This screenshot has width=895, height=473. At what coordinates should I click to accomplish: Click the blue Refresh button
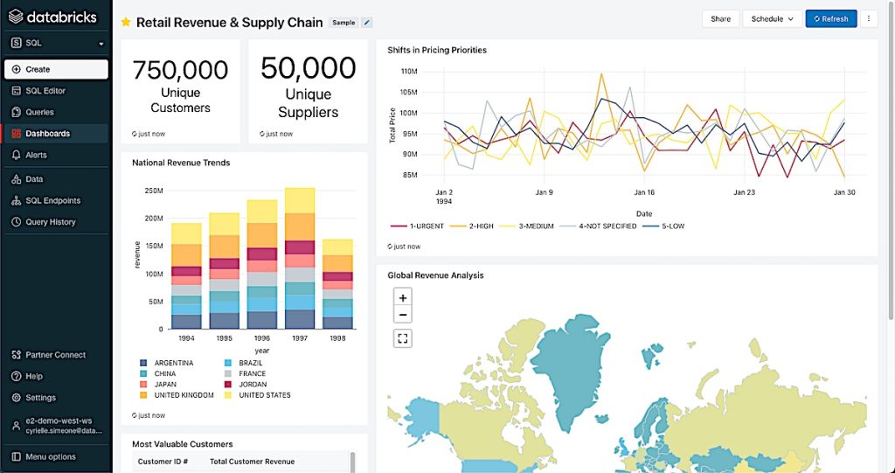830,18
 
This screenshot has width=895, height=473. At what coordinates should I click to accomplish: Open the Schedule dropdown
772,18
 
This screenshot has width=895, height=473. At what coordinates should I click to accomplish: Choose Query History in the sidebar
51,222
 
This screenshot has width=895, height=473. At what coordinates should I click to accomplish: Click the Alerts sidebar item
36,155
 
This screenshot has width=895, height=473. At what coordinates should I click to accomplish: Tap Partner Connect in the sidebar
56,355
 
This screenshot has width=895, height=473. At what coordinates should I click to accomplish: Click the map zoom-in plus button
403,298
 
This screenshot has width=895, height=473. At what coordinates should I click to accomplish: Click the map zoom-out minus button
403,315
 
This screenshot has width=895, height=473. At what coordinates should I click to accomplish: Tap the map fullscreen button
403,338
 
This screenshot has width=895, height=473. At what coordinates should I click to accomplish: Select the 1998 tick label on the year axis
337,337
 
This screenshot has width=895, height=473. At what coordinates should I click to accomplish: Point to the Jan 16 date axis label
645,192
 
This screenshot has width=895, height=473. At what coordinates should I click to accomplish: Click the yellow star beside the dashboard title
126,22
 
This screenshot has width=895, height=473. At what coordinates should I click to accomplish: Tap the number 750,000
181,70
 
